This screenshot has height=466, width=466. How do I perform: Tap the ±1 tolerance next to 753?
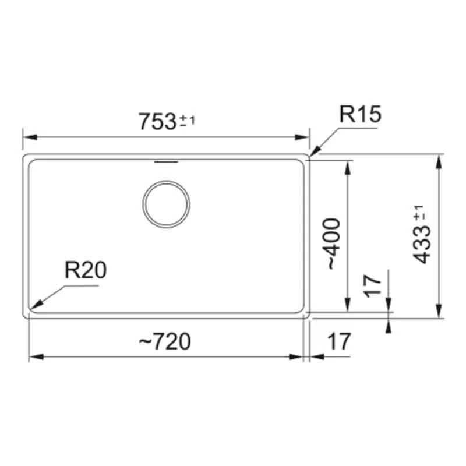187,121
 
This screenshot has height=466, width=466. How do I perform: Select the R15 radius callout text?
361,114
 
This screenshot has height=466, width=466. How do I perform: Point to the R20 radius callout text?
86,271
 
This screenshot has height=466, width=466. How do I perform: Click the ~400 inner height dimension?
331,243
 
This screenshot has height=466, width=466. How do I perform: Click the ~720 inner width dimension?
165,341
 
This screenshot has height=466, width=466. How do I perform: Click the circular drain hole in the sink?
167,204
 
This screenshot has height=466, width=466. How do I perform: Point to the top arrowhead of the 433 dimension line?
438,161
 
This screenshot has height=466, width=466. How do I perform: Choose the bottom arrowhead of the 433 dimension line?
438,312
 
